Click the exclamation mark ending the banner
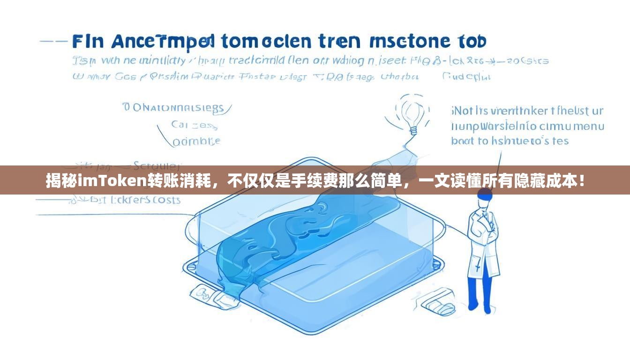pyautogui.click(x=582, y=180)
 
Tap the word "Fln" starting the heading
pyautogui.click(x=88, y=42)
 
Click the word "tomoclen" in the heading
pyautogui.click(x=265, y=42)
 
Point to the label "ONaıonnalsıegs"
pyautogui.click(x=176, y=108)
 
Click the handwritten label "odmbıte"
pyautogui.click(x=196, y=141)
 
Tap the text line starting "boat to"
pyautogui.click(x=510, y=141)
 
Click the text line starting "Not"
pyautogui.click(x=527, y=111)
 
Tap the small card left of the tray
pyautogui.click(x=207, y=295)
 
